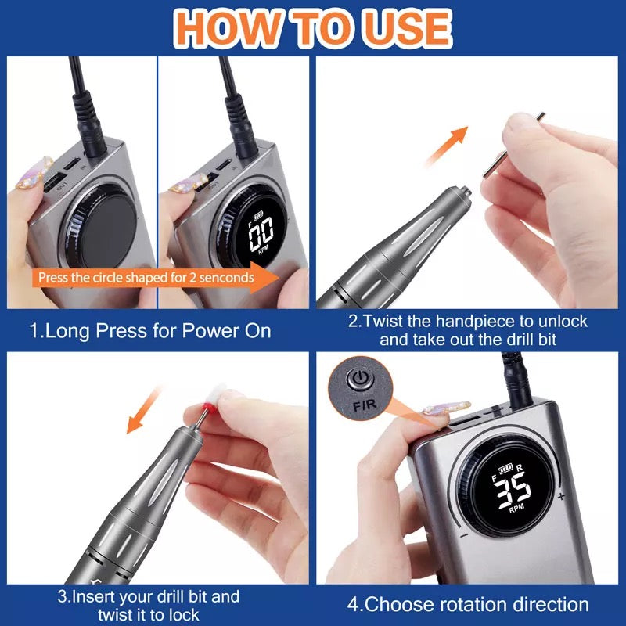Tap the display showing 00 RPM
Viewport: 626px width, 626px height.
tap(260, 234)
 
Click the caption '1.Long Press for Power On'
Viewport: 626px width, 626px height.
tap(150, 330)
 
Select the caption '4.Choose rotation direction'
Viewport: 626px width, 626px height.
tap(468, 604)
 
